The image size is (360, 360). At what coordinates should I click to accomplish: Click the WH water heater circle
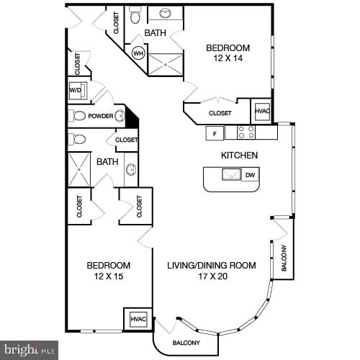click(138, 53)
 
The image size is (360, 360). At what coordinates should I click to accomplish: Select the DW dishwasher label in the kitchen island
click(249, 175)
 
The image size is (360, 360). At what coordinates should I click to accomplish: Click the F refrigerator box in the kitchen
click(214, 132)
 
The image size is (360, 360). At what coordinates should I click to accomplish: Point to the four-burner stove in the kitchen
click(246, 132)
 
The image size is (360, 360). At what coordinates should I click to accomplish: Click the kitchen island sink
click(230, 175)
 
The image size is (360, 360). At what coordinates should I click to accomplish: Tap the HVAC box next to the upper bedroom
click(262, 112)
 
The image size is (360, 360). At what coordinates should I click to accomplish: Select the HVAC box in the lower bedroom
click(138, 319)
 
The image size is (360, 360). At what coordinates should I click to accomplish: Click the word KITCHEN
click(239, 155)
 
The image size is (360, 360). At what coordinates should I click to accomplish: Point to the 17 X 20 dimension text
click(212, 276)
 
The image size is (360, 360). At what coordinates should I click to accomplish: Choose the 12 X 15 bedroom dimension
click(109, 276)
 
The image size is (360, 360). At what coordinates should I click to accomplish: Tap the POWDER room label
click(101, 115)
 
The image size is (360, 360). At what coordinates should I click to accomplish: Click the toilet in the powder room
click(78, 115)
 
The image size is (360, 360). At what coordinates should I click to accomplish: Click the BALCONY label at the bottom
click(186, 343)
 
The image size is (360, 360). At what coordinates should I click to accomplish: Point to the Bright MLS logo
click(28, 351)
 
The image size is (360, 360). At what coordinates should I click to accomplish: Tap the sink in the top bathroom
click(165, 13)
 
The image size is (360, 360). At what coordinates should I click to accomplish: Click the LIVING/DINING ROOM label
click(212, 265)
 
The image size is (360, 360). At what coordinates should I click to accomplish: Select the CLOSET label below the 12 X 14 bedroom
click(220, 113)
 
